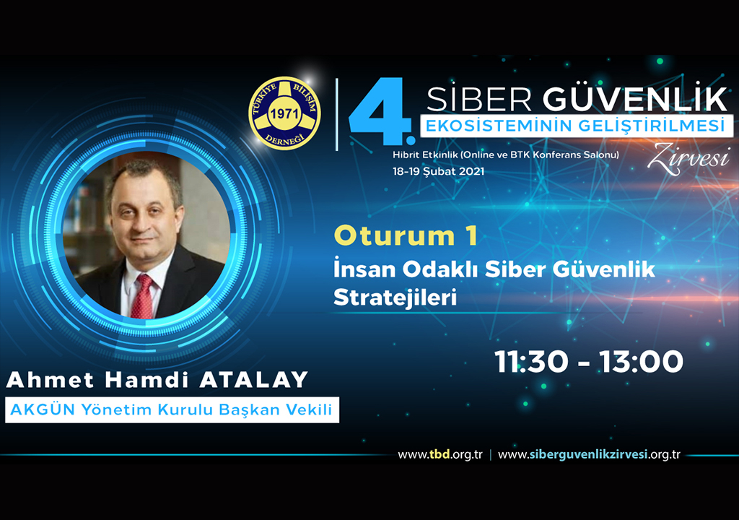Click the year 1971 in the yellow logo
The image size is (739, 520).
(284, 113)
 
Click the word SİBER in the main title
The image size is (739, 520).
(479, 99)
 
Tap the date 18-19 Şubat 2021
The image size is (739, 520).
(438, 171)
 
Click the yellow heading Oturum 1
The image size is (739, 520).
(406, 235)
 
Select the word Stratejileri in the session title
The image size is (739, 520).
(395, 298)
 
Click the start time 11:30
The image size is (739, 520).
(531, 362)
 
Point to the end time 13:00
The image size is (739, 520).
(641, 362)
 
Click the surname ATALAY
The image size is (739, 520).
(253, 380)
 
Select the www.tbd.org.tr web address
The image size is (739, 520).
(440, 455)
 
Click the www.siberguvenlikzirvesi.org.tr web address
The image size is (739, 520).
(589, 455)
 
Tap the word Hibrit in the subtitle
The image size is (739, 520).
(406, 155)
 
